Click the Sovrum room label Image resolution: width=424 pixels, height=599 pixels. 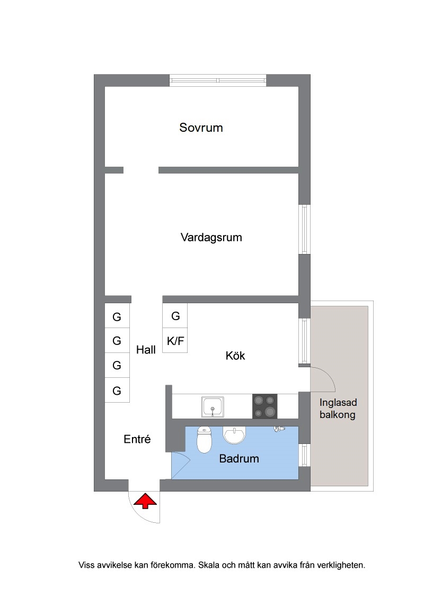[x=201, y=127]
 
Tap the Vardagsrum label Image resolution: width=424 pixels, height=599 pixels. [x=211, y=237]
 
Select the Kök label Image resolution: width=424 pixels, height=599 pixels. [x=235, y=356]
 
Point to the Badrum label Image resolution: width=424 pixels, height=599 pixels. [x=239, y=458]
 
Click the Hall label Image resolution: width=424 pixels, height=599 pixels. [x=146, y=350]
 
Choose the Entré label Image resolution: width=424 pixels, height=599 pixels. [x=137, y=439]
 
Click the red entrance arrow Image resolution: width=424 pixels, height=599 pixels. [x=145, y=501]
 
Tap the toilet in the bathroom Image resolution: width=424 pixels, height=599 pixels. [x=204, y=440]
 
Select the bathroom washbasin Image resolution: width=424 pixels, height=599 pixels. [x=234, y=435]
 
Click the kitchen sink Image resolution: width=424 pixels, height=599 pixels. [x=213, y=407]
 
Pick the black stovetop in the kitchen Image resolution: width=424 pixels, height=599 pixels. [x=264, y=406]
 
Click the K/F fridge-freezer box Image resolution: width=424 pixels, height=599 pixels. [x=175, y=340]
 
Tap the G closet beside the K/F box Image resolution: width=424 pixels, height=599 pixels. [x=175, y=316]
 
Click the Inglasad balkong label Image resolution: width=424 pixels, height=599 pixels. [x=338, y=409]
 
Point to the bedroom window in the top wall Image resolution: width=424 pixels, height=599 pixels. [x=218, y=80]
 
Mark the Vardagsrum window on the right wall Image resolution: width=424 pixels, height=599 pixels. [x=304, y=229]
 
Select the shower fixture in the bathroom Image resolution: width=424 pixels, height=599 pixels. [x=279, y=429]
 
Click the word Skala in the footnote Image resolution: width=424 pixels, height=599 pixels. [x=209, y=565]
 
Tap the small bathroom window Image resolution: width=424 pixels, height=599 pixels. [x=304, y=455]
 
